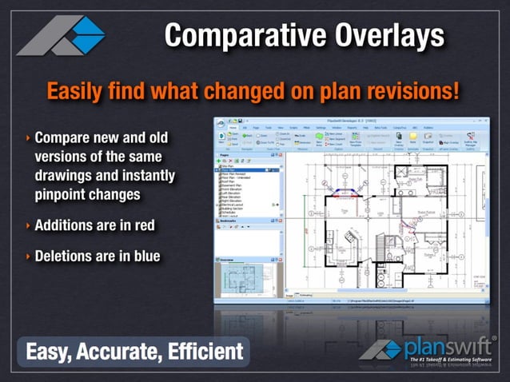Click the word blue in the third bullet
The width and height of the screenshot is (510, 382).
[142, 256]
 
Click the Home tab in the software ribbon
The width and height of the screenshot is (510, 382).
[233, 126]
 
